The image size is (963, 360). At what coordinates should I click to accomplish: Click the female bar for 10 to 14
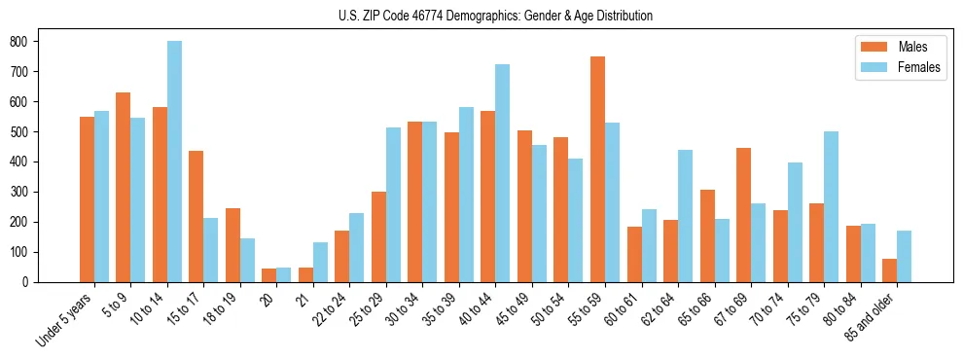[174, 162]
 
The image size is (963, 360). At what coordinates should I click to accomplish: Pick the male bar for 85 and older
[889, 270]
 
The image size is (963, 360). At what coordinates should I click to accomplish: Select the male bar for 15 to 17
[196, 216]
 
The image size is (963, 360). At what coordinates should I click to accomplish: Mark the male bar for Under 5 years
[87, 199]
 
